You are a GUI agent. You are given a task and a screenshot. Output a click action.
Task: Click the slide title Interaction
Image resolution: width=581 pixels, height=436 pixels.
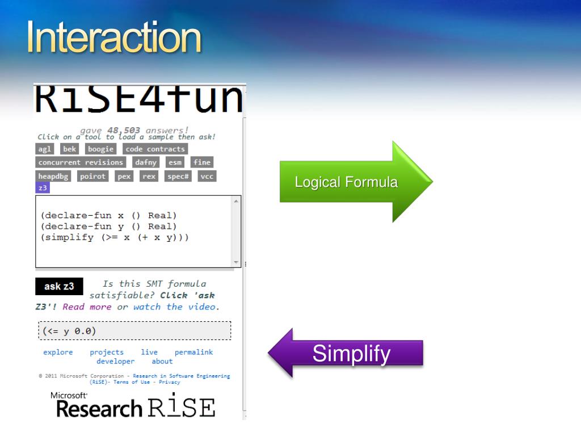point(114,38)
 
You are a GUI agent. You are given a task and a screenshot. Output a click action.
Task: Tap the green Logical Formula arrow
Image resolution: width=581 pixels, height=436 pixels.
point(346,182)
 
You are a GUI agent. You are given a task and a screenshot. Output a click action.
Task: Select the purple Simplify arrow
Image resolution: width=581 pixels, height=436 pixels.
point(351,354)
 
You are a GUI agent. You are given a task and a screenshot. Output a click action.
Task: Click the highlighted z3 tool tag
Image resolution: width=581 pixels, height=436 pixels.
point(43,188)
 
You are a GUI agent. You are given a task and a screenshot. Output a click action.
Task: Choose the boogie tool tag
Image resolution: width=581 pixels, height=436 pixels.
point(100,149)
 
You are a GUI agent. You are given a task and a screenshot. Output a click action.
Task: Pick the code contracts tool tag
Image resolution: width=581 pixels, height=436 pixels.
point(155,149)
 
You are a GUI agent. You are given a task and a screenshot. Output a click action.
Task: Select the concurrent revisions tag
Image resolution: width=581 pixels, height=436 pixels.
point(81,162)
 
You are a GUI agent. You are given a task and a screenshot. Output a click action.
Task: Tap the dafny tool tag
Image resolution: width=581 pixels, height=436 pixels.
point(145,162)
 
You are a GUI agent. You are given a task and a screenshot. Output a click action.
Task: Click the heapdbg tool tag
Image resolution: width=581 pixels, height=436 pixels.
point(53,177)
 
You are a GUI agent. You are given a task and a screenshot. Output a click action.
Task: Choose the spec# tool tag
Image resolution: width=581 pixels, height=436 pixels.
point(178,177)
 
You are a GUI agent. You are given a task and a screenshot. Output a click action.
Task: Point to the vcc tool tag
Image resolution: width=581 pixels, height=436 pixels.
point(207,177)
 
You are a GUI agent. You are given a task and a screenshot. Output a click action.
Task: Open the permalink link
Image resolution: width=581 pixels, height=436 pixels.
point(193,352)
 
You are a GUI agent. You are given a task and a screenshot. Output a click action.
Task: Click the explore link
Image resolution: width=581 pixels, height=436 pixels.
point(58,352)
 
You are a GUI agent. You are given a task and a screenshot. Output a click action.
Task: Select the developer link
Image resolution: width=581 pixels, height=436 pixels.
point(115,361)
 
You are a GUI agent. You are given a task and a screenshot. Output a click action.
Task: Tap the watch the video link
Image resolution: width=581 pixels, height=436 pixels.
point(175,307)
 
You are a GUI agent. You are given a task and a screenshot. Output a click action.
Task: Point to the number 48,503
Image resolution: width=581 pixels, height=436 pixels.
point(124,130)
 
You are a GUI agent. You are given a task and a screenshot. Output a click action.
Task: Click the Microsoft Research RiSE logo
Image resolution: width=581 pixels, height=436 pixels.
point(133,405)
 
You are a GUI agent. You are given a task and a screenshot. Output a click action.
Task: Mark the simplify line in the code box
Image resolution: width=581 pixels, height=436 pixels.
point(115,237)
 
